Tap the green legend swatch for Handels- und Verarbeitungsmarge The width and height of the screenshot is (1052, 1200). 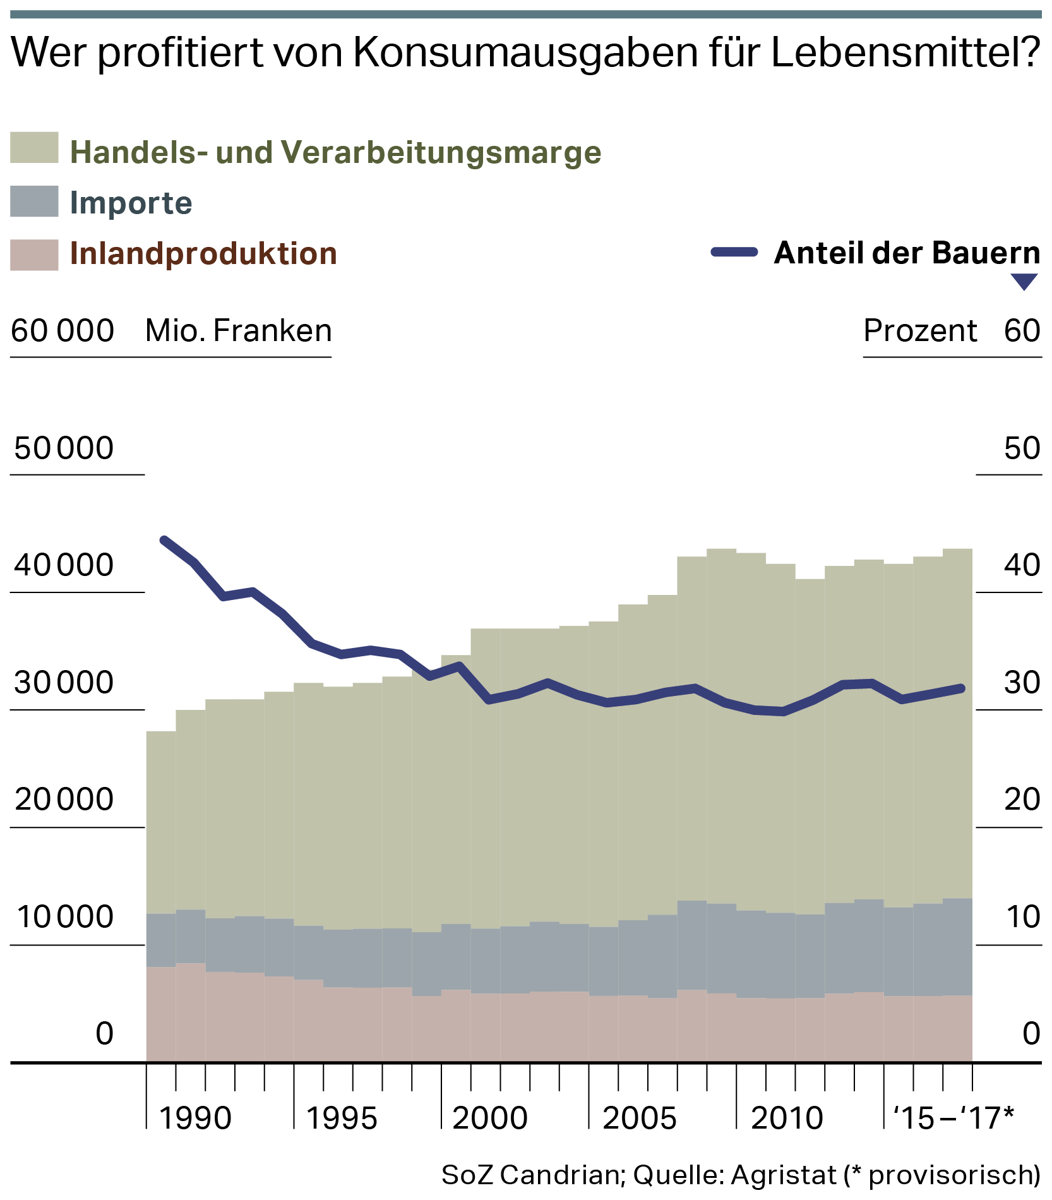click(x=34, y=148)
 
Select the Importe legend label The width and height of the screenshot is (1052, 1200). click(x=131, y=203)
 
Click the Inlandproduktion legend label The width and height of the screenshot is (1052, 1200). click(x=203, y=253)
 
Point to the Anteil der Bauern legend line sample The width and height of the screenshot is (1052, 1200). click(x=734, y=252)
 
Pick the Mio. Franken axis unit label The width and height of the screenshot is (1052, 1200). click(x=238, y=330)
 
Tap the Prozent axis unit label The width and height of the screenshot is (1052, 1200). click(x=920, y=330)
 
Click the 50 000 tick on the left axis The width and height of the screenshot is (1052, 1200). click(x=64, y=448)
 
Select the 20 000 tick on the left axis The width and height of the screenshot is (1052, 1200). click(x=64, y=799)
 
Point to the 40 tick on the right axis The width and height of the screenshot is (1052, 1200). click(x=1022, y=565)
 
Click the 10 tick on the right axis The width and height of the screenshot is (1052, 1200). click(x=1022, y=916)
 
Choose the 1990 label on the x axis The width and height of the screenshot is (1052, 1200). click(x=195, y=1118)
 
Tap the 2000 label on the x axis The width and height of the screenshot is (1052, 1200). click(x=490, y=1118)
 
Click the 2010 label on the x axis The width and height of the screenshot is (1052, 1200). click(x=787, y=1118)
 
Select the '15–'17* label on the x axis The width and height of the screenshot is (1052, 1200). click(x=953, y=1118)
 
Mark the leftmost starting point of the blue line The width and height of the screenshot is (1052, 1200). click(x=164, y=540)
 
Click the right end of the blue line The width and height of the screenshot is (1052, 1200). click(x=961, y=688)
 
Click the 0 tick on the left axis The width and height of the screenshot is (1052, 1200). click(x=105, y=1034)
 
